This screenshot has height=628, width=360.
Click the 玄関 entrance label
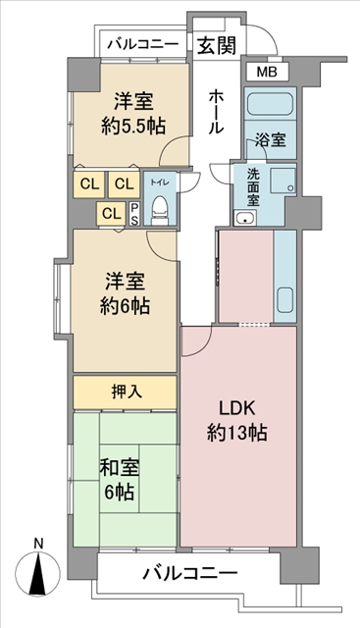click(216, 46)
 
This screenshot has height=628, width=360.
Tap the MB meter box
click(267, 73)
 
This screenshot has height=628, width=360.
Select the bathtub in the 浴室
click(270, 104)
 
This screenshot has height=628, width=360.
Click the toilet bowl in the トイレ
click(160, 207)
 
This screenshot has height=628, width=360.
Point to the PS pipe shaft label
click(134, 214)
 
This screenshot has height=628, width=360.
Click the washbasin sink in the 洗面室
click(245, 218)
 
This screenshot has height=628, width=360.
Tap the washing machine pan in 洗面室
click(283, 181)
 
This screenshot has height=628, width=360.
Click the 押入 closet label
click(127, 392)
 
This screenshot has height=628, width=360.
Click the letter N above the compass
click(38, 544)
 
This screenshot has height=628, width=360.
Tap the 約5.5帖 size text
click(132, 127)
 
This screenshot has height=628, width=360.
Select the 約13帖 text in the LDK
click(237, 433)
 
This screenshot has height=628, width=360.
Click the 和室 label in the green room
click(119, 468)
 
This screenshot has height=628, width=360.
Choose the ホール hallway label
click(216, 111)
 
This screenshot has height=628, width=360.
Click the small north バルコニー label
click(142, 43)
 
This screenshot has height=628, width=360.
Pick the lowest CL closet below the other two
click(111, 214)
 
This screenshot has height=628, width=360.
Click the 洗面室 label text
click(253, 186)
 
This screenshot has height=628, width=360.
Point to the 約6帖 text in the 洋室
click(125, 307)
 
